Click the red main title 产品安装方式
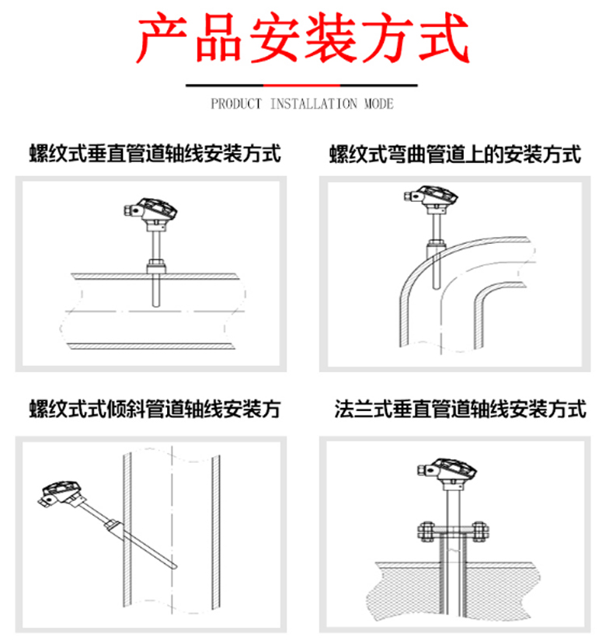pyautogui.click(x=303, y=38)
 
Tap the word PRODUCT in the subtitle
pyautogui.click(x=236, y=104)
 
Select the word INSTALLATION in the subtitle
pyautogui.click(x=313, y=104)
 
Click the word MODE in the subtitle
pyautogui.click(x=379, y=104)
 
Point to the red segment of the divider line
pyautogui.click(x=301, y=85)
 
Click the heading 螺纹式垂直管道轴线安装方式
pyautogui.click(x=155, y=154)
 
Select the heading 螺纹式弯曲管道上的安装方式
pyautogui.click(x=455, y=155)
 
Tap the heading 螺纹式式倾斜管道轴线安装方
pyautogui.click(x=155, y=409)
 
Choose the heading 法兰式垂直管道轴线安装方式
pyautogui.click(x=460, y=409)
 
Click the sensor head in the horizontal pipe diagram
pyautogui.click(x=151, y=211)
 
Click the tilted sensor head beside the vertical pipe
pyautogui.click(x=61, y=493)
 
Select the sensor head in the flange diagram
pyautogui.click(x=447, y=472)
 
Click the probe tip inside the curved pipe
pyautogui.click(x=437, y=287)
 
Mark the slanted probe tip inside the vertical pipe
pyautogui.click(x=176, y=567)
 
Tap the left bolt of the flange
pyautogui.click(x=426, y=533)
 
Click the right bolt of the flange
pyautogui.click(x=479, y=533)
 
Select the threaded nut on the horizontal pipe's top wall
pyautogui.click(x=156, y=266)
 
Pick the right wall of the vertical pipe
pyautogui.click(x=216, y=532)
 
